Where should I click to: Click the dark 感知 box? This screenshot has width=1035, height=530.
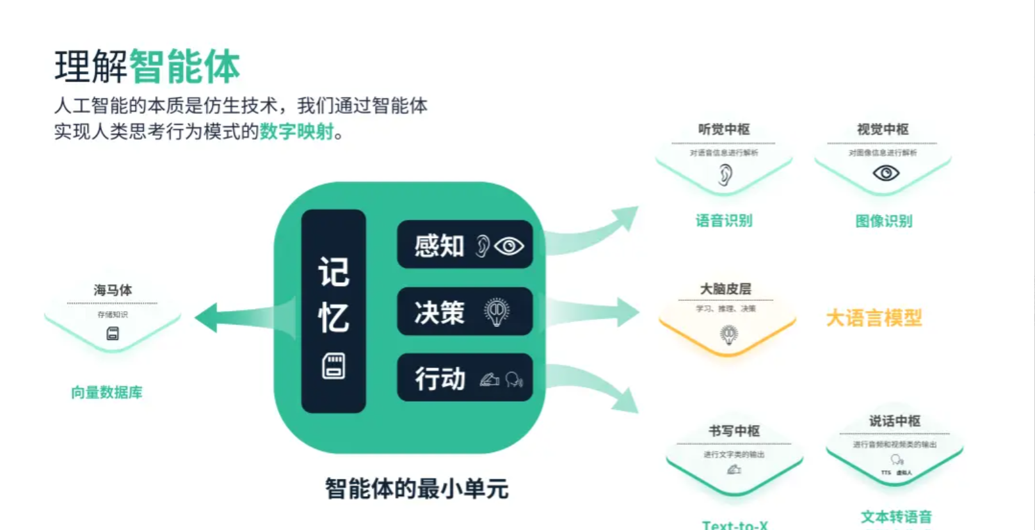(x=465, y=245)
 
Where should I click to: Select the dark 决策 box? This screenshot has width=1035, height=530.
(x=465, y=312)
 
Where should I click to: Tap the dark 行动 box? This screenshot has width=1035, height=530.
(x=465, y=378)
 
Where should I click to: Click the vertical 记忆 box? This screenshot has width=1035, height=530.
(x=333, y=310)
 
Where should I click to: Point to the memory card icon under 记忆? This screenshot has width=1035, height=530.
(x=333, y=366)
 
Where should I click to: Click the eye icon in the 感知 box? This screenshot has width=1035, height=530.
(x=509, y=246)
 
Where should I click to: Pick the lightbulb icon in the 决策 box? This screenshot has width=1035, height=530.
(x=497, y=312)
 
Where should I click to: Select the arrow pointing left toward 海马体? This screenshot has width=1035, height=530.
(x=237, y=316)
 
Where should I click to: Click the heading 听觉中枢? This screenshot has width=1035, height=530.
(x=724, y=129)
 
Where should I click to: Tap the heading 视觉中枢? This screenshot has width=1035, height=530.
(x=883, y=129)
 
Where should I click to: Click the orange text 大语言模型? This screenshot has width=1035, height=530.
(x=874, y=317)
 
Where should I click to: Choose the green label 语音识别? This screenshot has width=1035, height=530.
(x=724, y=221)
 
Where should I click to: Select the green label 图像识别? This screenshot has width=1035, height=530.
(x=884, y=221)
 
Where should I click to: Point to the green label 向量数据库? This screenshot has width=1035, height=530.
(x=107, y=392)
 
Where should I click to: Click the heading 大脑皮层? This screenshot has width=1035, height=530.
(x=726, y=289)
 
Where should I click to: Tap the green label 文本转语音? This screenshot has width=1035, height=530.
(x=896, y=517)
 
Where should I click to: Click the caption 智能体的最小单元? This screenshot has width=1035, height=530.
(x=417, y=489)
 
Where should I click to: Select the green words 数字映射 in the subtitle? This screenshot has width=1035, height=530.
(x=297, y=132)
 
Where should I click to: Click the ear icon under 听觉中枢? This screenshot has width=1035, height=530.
(x=725, y=174)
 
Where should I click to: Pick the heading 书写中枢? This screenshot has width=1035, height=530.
(x=734, y=431)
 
